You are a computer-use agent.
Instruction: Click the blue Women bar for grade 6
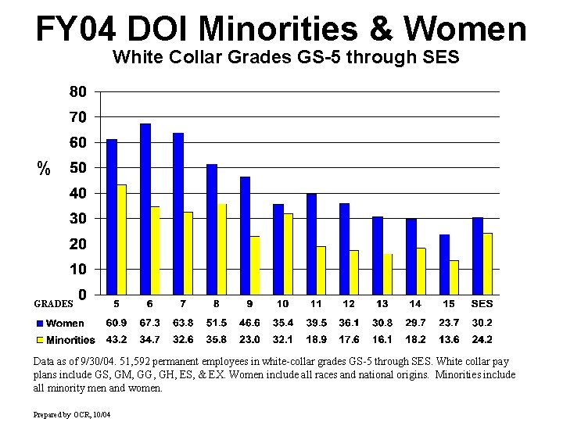click(145, 209)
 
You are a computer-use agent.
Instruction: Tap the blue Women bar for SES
click(478, 256)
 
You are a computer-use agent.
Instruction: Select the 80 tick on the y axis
click(77, 91)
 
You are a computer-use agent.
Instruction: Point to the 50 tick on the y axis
click(77, 167)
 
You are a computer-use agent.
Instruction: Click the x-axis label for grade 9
click(249, 303)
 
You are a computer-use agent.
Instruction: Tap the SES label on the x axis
click(482, 303)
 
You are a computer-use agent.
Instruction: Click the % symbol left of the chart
click(45, 167)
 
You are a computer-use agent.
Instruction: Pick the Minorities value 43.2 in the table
click(117, 340)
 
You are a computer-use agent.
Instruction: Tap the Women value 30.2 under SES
click(482, 323)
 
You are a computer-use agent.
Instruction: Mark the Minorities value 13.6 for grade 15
click(449, 340)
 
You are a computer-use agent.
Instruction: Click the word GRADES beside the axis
click(53, 303)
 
